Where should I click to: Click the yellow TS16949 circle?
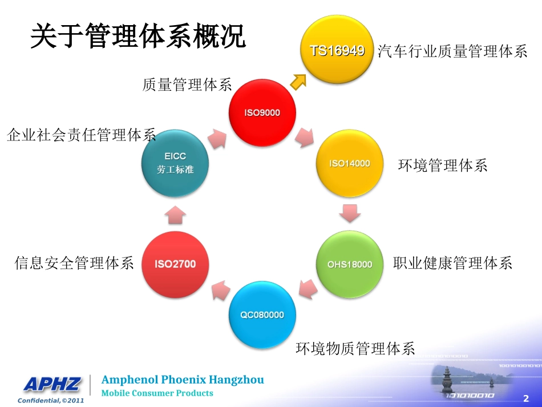337,50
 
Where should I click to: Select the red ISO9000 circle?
262,113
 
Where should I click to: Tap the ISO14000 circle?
349,164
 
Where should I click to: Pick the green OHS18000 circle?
349,264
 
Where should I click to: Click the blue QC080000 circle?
262,315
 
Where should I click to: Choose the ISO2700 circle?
175,264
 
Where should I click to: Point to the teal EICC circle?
175,163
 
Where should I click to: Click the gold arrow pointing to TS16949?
298,81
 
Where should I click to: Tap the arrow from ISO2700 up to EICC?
175,214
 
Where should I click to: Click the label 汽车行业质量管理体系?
452,51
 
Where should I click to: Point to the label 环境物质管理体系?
355,348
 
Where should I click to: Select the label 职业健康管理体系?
452,263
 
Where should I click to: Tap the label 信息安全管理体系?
74,263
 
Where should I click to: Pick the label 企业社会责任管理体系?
81,135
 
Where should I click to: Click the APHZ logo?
52,385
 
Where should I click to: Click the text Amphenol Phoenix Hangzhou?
183,380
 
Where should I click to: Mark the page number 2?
525,397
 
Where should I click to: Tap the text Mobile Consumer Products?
157,393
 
